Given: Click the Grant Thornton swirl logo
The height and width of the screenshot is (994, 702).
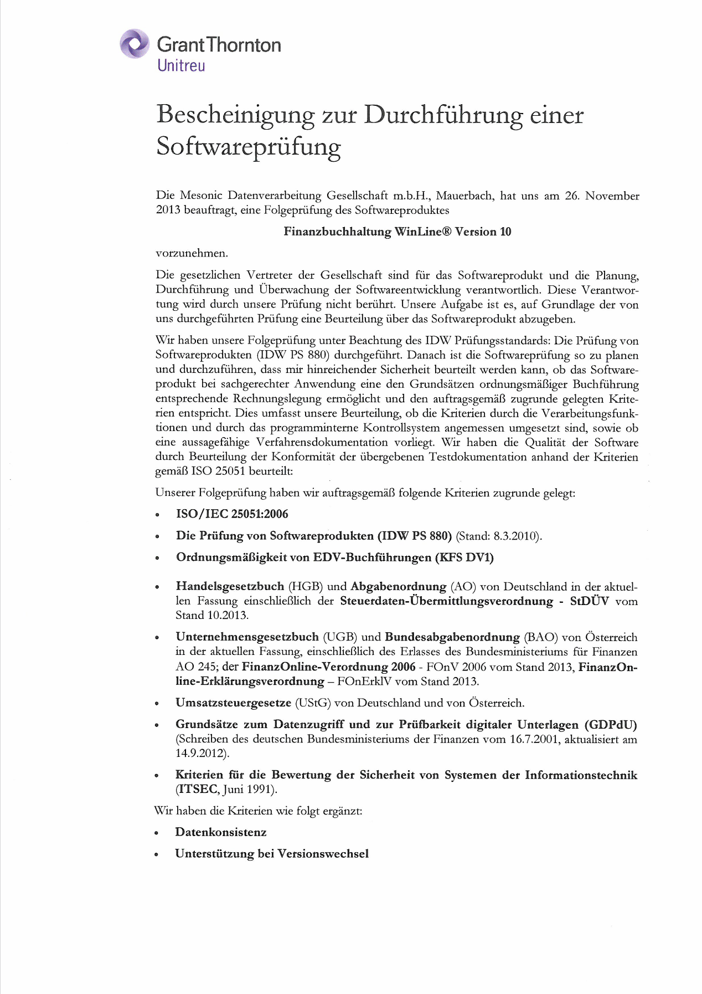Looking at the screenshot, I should pos(135,44).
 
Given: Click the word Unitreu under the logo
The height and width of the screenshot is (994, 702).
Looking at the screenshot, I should pos(181,65).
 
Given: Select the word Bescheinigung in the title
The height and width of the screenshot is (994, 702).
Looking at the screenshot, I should pos(235,115).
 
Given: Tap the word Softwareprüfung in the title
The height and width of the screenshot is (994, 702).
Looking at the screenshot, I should pos(248,147).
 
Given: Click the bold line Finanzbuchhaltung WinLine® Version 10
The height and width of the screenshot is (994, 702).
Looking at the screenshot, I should pos(397,232).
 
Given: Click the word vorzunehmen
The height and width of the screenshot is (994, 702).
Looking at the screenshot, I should pos(192,253).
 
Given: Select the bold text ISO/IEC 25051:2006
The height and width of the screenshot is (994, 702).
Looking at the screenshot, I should pos(232,514).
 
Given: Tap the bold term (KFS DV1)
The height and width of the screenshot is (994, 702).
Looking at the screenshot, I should pos(464,557).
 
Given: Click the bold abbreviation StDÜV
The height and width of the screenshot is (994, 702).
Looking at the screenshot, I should pos(589,601).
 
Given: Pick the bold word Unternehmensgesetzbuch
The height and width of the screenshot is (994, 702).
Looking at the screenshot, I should pos(247,637).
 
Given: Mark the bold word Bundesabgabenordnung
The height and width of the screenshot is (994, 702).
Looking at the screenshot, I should pos(452,637).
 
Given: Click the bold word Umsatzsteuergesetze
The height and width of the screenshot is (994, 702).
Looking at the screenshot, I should pos(233,703).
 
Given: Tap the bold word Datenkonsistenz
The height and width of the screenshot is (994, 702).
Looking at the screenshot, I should pos(220,832).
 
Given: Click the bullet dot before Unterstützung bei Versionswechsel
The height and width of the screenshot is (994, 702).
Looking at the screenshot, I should pos(157,854).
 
